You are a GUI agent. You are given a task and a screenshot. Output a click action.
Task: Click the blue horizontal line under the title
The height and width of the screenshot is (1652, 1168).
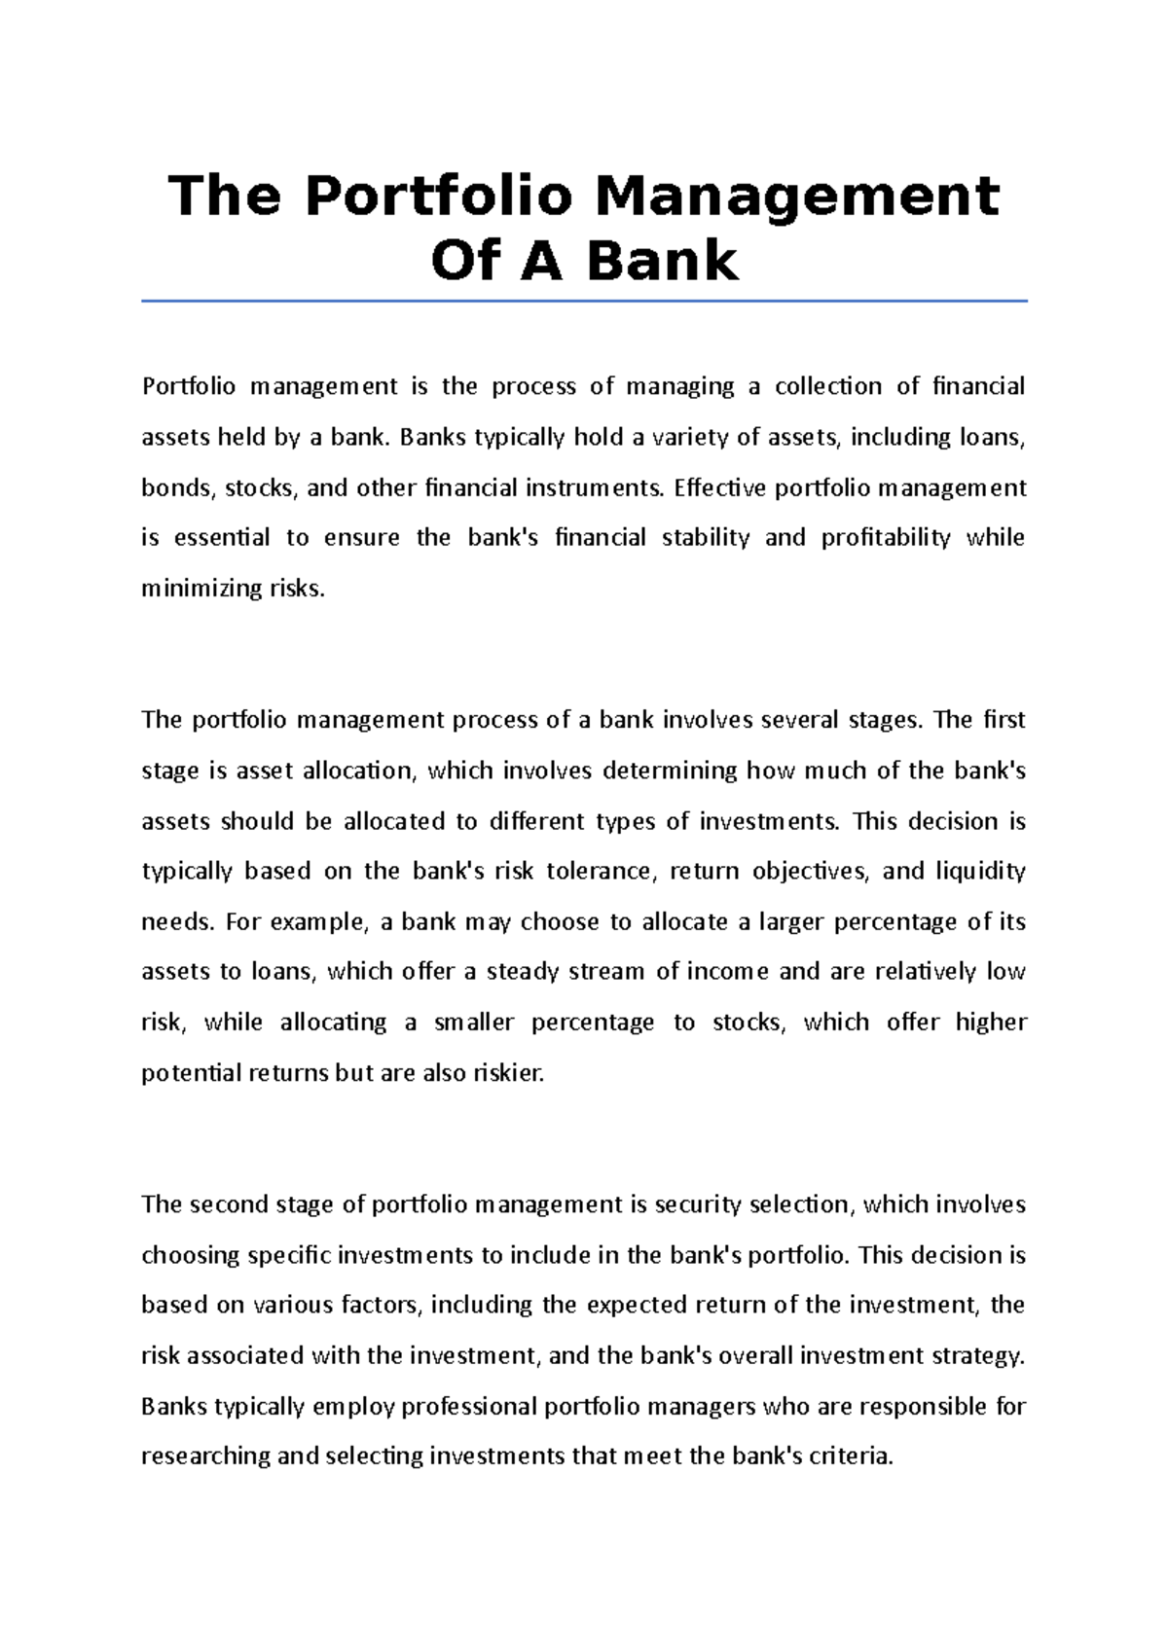click(x=584, y=302)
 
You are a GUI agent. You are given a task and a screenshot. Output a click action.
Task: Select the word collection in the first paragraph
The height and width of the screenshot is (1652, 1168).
click(x=827, y=387)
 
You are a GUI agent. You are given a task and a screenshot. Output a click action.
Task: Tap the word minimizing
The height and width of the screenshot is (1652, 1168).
click(x=201, y=589)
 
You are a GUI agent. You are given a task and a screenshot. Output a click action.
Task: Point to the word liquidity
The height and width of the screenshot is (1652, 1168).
click(x=980, y=871)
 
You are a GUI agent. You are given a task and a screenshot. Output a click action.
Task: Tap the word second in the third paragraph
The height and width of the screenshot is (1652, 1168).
click(x=229, y=1204)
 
